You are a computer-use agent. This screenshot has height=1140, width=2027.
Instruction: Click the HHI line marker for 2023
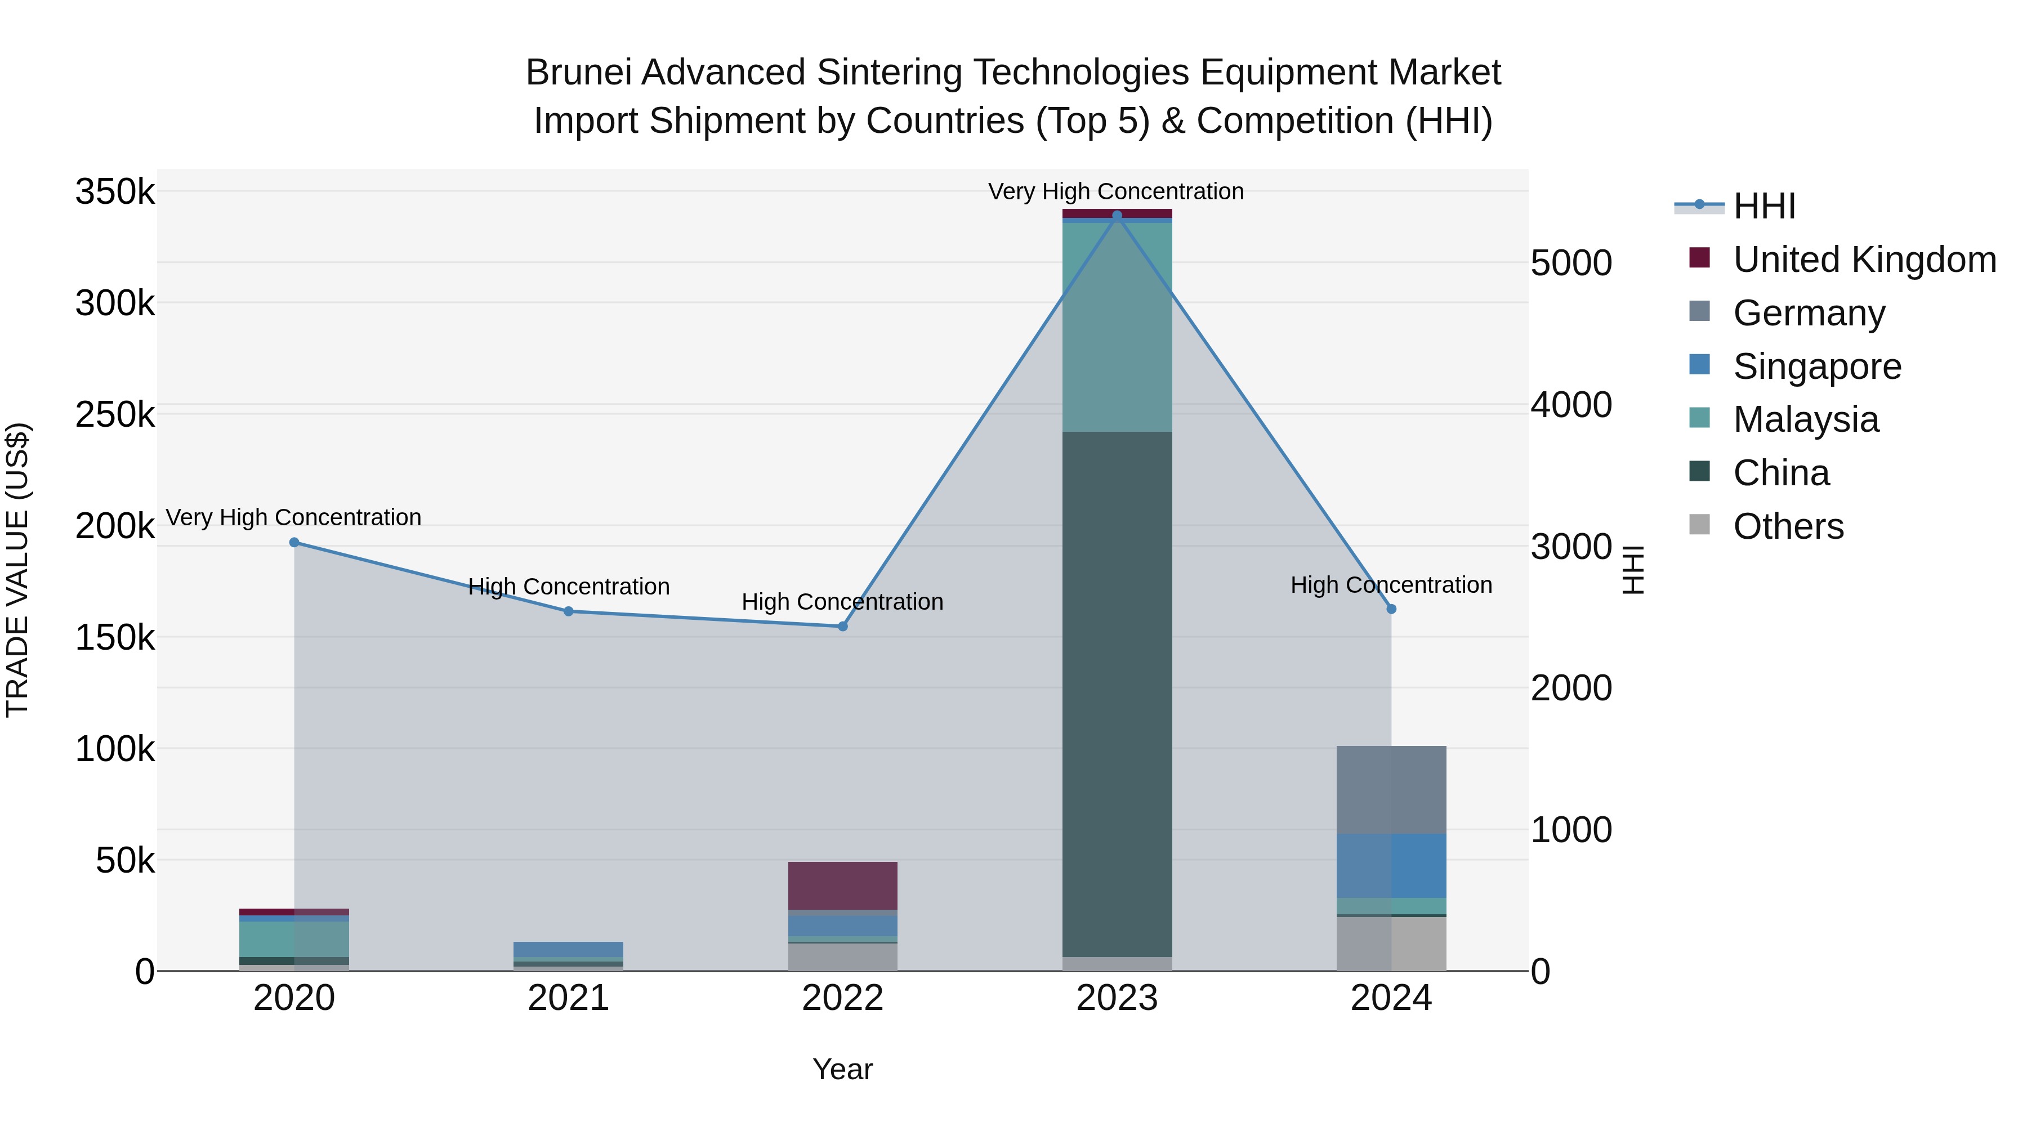click(x=1117, y=216)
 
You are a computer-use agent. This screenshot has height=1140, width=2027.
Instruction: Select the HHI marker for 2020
click(x=294, y=542)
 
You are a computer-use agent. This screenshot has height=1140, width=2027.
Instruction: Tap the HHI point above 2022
click(x=843, y=626)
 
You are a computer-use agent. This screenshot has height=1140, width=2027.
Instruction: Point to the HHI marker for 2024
click(x=1391, y=609)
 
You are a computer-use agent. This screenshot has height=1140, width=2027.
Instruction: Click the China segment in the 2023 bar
click(x=1117, y=692)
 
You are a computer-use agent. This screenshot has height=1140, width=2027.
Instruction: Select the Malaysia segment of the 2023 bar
click(x=1117, y=327)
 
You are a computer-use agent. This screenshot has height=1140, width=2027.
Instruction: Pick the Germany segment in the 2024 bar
click(x=1391, y=789)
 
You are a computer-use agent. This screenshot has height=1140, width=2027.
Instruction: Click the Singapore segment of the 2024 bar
click(x=1391, y=865)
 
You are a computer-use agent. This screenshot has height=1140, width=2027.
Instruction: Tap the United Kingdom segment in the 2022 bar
click(x=843, y=885)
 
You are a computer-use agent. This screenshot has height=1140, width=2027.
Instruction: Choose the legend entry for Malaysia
click(x=1805, y=419)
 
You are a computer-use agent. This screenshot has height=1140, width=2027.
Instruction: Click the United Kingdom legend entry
click(x=1863, y=260)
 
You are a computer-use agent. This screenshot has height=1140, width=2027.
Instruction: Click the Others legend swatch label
click(x=1788, y=526)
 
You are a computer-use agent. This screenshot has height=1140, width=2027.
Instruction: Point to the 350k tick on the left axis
click(x=115, y=192)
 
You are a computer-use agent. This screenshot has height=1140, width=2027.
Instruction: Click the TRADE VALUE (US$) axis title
click(x=17, y=570)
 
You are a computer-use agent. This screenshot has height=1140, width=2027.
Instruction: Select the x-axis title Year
click(x=842, y=1069)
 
